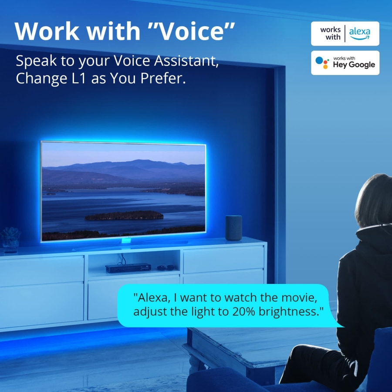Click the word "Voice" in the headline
tap(191, 31)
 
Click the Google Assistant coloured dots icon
tap(322, 62)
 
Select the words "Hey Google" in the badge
tap(354, 65)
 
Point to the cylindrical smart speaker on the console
tap(233, 228)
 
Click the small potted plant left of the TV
tap(10, 240)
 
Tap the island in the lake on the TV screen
tap(124, 215)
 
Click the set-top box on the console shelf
tap(128, 268)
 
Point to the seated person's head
tap(374, 200)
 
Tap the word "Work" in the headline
tap(47, 31)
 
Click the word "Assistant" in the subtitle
tap(186, 61)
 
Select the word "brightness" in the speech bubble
tap(289, 312)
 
